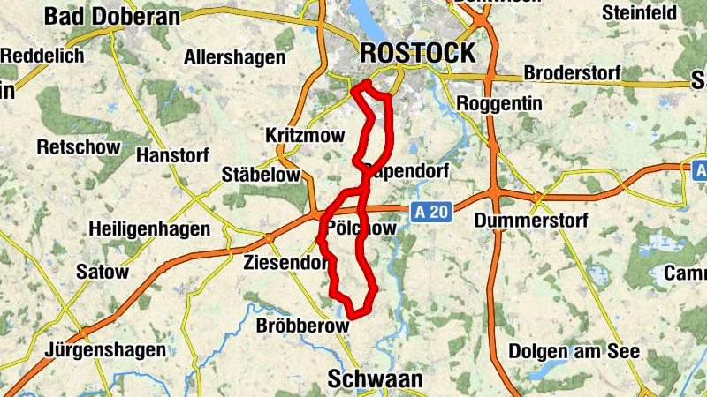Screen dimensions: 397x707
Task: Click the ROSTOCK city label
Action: coord(418,53)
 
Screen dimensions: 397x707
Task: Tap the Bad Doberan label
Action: coord(111,16)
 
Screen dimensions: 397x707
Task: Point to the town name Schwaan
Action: coord(375,379)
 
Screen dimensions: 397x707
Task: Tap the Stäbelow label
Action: coord(260,174)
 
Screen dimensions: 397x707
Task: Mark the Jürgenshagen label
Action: coord(107,349)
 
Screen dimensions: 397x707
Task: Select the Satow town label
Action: coord(102,272)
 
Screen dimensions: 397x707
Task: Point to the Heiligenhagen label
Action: coord(149,229)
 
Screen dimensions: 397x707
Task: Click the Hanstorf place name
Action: coord(173,155)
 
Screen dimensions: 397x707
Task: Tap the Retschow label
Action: coord(78,146)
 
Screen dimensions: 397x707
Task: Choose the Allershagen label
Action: coord(235,58)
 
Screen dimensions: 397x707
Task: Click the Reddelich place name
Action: coord(42,56)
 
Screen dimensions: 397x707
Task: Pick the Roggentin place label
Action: coord(499,103)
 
